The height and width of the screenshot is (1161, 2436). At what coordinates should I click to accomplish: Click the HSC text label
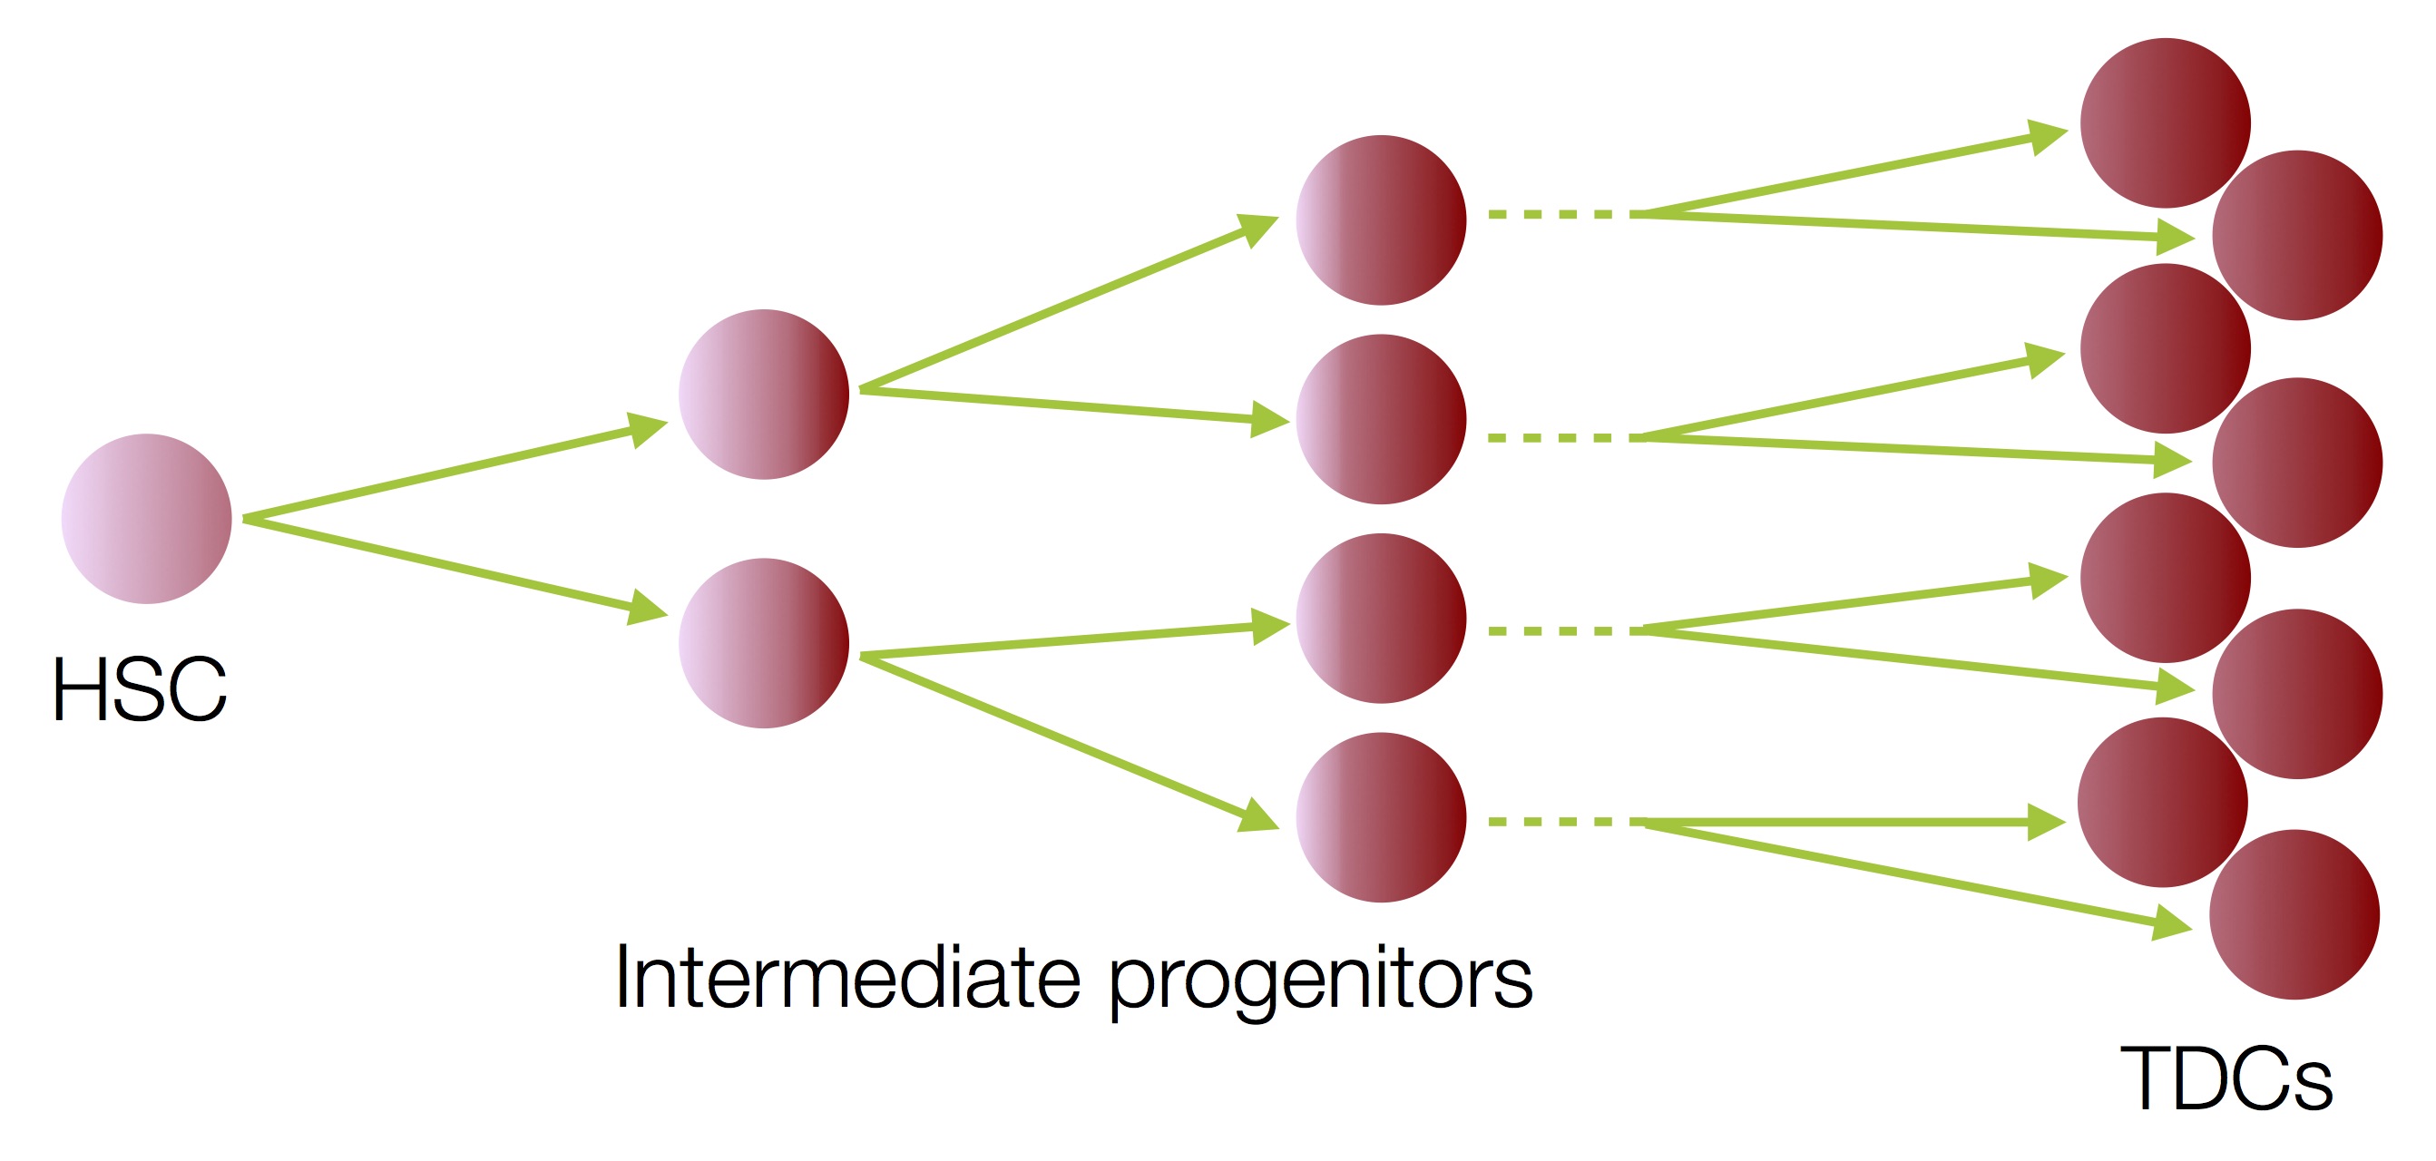click(140, 689)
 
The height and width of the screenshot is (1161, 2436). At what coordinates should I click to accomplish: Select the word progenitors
click(1320, 983)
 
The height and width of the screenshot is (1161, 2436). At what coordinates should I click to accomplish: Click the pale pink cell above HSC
click(147, 519)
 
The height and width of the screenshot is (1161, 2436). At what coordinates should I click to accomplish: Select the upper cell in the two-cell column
click(764, 395)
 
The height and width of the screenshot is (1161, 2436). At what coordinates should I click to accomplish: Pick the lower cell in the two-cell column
click(764, 643)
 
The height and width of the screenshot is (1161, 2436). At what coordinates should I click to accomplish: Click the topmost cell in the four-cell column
click(1382, 220)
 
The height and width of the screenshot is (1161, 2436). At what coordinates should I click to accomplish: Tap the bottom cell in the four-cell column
click(1382, 818)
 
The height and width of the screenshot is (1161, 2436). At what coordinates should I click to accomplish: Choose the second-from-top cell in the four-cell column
click(1382, 419)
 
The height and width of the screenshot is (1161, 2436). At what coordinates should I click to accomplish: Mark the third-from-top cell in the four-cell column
click(1382, 619)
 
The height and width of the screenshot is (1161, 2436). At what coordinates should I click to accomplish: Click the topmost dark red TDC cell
click(2166, 123)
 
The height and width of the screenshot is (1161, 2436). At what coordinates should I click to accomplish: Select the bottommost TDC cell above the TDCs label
click(2294, 914)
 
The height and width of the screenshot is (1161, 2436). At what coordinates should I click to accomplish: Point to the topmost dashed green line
click(1558, 215)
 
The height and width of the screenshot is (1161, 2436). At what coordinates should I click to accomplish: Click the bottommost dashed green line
click(1559, 822)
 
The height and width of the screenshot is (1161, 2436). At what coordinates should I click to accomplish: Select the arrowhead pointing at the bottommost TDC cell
click(2172, 922)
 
